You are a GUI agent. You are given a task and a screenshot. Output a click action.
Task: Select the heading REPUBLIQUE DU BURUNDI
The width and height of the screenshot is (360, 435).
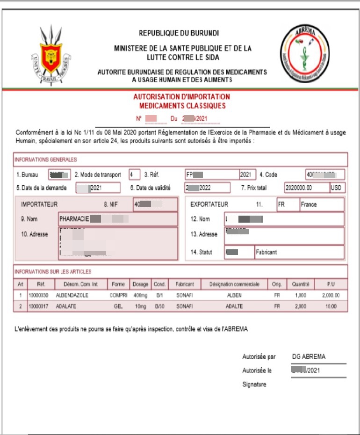(179, 33)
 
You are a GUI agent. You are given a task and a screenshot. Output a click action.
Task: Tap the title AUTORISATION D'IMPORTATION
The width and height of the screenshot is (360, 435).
(182, 97)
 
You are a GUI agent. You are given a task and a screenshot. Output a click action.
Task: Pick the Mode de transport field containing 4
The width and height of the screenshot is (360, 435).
(134, 174)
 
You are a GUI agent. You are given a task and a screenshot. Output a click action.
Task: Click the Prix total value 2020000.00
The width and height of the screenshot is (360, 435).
(306, 188)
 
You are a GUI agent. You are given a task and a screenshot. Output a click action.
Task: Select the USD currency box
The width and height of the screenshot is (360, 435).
(336, 188)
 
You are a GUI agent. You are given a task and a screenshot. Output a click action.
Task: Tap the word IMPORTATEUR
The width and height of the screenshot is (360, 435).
(39, 204)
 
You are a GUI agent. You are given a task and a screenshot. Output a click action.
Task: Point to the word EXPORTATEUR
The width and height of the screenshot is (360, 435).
(209, 204)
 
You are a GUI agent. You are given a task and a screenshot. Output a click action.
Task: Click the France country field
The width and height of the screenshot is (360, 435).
(321, 204)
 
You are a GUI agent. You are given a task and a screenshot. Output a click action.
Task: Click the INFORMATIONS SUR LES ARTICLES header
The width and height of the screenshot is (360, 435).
(53, 271)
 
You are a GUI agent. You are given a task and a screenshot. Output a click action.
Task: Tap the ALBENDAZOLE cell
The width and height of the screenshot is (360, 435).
(72, 296)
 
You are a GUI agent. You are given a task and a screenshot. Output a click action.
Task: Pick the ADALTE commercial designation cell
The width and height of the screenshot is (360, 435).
(234, 306)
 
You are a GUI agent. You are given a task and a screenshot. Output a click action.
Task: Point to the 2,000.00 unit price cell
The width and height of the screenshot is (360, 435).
(331, 296)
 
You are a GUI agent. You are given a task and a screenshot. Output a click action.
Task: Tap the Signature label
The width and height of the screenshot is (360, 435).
(254, 384)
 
